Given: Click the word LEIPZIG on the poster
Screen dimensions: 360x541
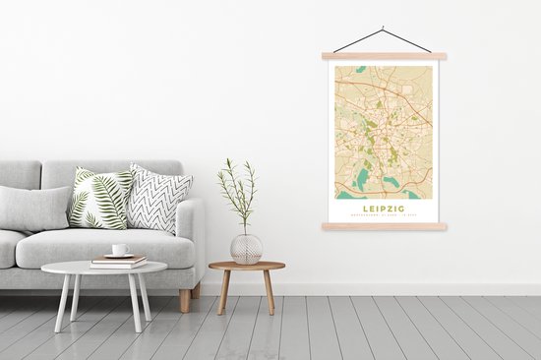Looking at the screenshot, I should click(x=384, y=208).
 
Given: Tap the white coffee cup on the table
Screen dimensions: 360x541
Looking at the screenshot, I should click(x=119, y=250).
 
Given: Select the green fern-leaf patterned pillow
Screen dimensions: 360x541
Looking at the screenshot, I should click(x=99, y=198).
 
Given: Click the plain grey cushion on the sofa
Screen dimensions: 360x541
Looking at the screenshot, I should click(x=34, y=208).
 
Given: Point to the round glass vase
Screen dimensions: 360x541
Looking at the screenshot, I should click(x=246, y=248).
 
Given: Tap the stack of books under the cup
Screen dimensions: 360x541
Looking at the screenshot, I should click(x=119, y=262).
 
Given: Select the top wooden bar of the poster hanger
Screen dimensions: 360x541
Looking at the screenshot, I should click(x=384, y=56).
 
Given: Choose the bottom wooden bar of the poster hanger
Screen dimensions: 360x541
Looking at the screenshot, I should click(x=384, y=226).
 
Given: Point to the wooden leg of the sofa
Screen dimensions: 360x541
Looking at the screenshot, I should click(x=185, y=300).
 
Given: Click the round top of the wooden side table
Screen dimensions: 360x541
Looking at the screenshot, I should click(x=247, y=266).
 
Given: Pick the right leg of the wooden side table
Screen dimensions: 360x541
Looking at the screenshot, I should click(x=269, y=292).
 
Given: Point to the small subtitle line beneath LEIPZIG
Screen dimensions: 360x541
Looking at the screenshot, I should click(x=384, y=215).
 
